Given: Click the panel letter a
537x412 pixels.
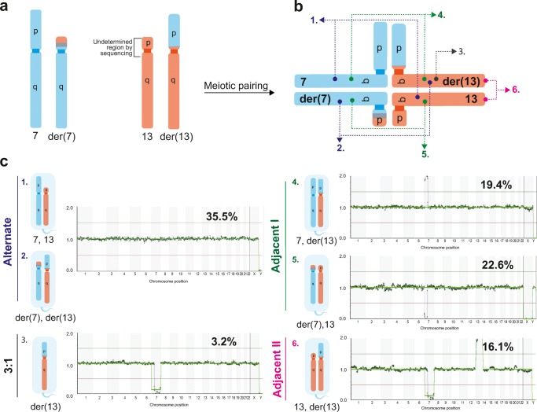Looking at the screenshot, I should click(6, 7).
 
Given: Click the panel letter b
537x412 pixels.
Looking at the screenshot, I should click(294, 7).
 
